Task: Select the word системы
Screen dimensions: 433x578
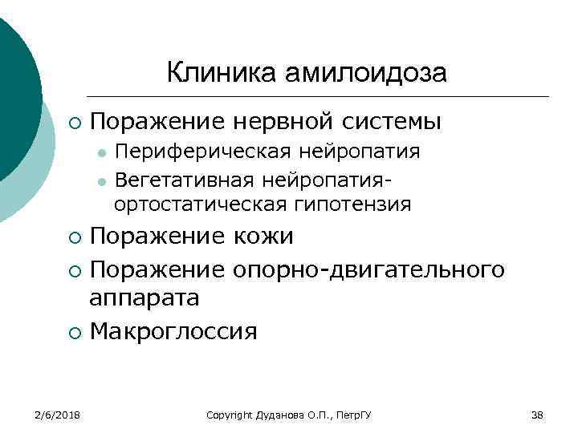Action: [394, 123]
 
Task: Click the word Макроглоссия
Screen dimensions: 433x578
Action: [173, 330]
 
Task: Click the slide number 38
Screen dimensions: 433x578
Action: [537, 415]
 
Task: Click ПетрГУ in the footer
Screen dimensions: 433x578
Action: [360, 415]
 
